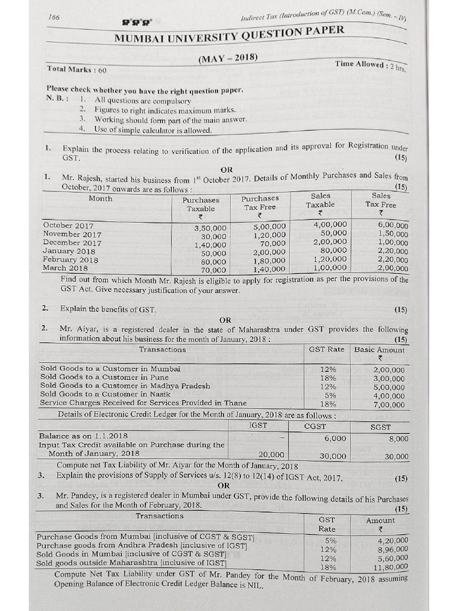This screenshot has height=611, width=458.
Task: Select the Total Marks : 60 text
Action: pos(76,69)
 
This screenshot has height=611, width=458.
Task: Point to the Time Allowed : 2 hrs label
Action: pos(370,65)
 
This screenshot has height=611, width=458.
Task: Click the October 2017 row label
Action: pos(69,226)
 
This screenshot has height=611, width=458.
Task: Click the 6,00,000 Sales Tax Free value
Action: pos(392,226)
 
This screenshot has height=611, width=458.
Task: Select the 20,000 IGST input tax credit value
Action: pos(273,454)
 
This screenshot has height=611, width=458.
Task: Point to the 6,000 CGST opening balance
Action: pos(335,437)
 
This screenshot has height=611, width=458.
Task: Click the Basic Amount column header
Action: pos(379,350)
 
